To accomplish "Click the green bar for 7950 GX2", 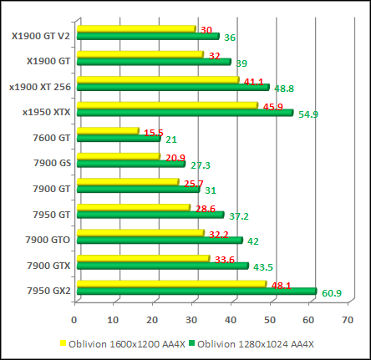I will click(x=196, y=291).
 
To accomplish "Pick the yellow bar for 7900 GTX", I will click(x=143, y=259).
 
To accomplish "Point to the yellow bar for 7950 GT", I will click(x=134, y=207).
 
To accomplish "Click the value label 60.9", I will click(x=333, y=293).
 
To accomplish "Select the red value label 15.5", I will click(x=153, y=133).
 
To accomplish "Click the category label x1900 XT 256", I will click(x=40, y=86).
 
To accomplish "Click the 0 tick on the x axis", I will click(x=74, y=319).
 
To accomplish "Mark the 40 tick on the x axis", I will click(x=231, y=319).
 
